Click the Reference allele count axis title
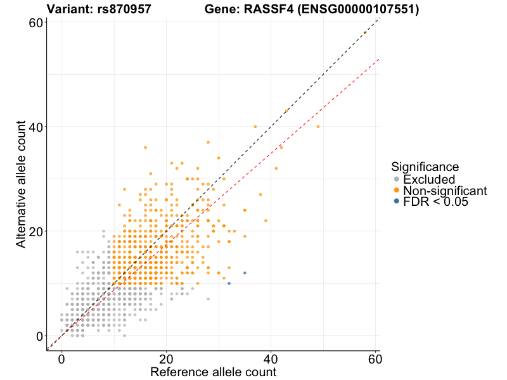(x=213, y=372)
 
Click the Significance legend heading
(x=425, y=167)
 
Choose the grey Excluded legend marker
(x=397, y=179)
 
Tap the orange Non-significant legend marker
(x=397, y=190)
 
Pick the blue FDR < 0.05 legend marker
(x=397, y=201)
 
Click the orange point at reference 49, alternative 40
(x=318, y=127)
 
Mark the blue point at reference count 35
(x=245, y=273)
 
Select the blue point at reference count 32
(x=229, y=283)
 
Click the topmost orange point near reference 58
(x=364, y=33)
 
